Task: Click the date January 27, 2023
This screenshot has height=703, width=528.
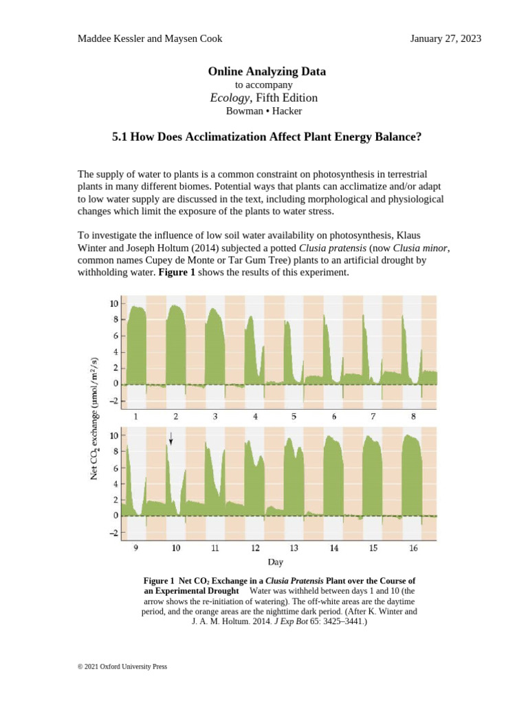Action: [x=445, y=38]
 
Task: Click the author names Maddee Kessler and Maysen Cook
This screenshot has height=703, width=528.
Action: [x=149, y=38]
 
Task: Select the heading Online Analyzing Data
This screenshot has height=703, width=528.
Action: [x=267, y=71]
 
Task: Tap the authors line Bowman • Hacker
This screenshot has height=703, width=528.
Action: [x=264, y=111]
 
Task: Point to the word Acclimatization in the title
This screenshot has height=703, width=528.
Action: [x=223, y=137]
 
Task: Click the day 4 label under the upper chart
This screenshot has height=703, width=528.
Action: [x=255, y=417]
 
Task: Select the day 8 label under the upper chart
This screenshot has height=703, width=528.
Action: [x=413, y=417]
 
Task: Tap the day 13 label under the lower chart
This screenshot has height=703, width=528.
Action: [x=294, y=549]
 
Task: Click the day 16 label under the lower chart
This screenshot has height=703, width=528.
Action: [x=413, y=549]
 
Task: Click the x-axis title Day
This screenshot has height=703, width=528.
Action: [x=276, y=563]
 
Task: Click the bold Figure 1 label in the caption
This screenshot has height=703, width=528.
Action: [x=159, y=581]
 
